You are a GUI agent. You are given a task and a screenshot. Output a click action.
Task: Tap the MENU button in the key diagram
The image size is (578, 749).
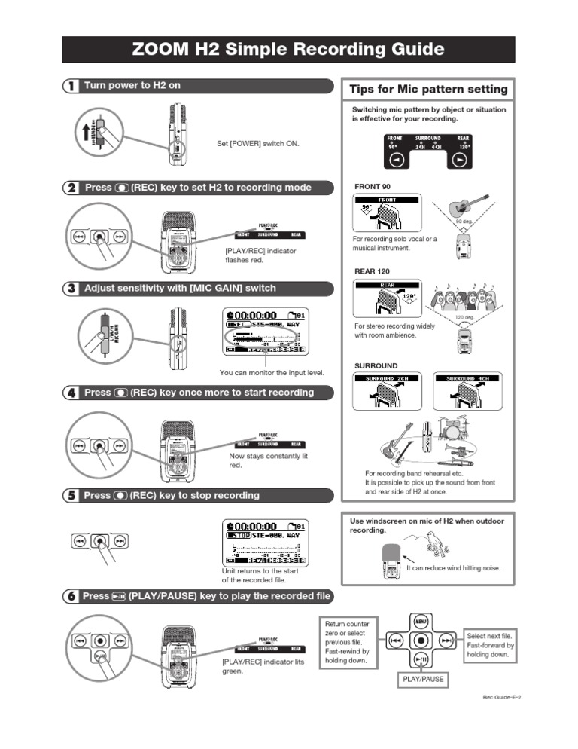click(421, 622)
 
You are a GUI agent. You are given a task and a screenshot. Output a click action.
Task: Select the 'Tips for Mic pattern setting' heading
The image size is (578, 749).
click(428, 90)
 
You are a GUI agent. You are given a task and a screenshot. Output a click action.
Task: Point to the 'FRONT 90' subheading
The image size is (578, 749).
click(372, 185)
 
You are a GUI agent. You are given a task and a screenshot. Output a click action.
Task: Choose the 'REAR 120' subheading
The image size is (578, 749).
click(372, 271)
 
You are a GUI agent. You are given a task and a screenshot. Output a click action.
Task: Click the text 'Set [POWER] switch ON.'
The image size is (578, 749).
click(258, 142)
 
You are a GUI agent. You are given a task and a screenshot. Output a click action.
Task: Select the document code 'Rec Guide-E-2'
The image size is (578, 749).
click(502, 697)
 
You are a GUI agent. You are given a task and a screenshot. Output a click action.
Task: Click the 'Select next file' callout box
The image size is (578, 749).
click(490, 646)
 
